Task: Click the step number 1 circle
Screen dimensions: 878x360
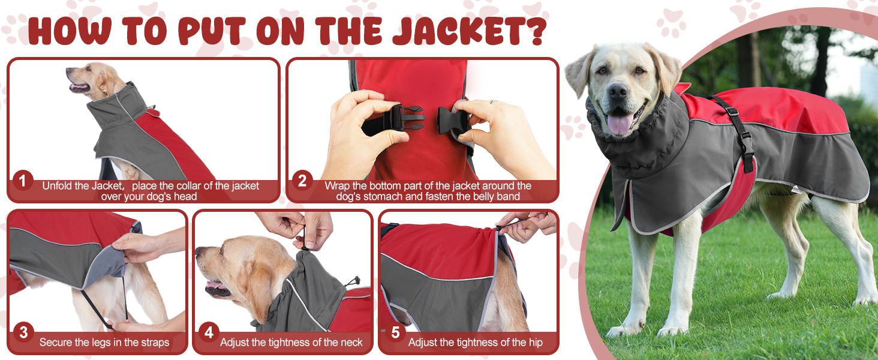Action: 22,181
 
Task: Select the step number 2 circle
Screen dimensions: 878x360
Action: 302,181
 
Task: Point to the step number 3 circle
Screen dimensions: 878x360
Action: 23,332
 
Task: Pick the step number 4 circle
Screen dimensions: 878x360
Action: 209,332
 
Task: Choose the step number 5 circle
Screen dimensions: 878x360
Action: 395,332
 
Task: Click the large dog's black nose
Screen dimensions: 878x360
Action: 618,91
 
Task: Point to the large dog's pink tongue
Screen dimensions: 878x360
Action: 620,122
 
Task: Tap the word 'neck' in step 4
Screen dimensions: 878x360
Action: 350,343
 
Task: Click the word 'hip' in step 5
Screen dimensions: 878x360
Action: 536,343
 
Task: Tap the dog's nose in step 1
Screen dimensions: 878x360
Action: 68,71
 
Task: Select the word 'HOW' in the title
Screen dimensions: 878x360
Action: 71,31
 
